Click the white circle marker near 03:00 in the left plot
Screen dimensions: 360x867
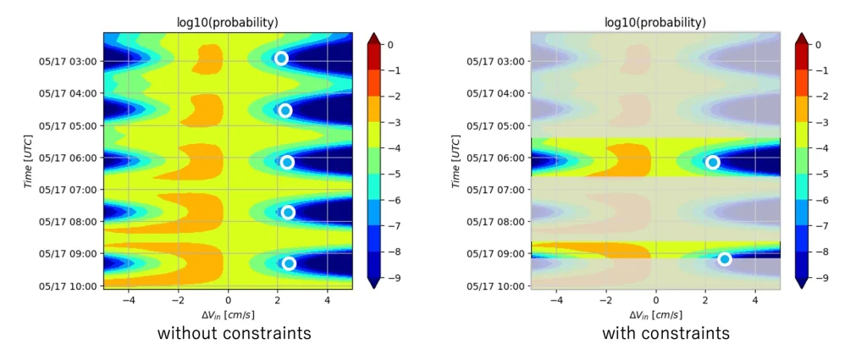(x=281, y=58)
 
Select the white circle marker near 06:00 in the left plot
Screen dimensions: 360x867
(x=287, y=163)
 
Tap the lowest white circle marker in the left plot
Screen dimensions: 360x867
(x=289, y=263)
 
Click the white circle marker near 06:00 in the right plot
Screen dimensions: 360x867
(x=713, y=163)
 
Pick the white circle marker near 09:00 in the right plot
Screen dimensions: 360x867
(x=725, y=259)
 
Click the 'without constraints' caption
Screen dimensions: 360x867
(x=234, y=334)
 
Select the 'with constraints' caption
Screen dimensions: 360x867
(x=665, y=334)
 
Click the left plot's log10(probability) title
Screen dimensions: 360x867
(x=228, y=22)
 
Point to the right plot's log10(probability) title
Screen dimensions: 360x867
(x=655, y=22)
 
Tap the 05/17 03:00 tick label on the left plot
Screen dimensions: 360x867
(x=68, y=61)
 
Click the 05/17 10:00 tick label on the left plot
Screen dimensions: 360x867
(x=68, y=285)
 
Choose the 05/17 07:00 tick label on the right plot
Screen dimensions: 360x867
(x=496, y=189)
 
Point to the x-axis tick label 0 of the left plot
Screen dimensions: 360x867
(x=228, y=300)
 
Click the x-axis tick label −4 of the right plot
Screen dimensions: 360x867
(x=555, y=300)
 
